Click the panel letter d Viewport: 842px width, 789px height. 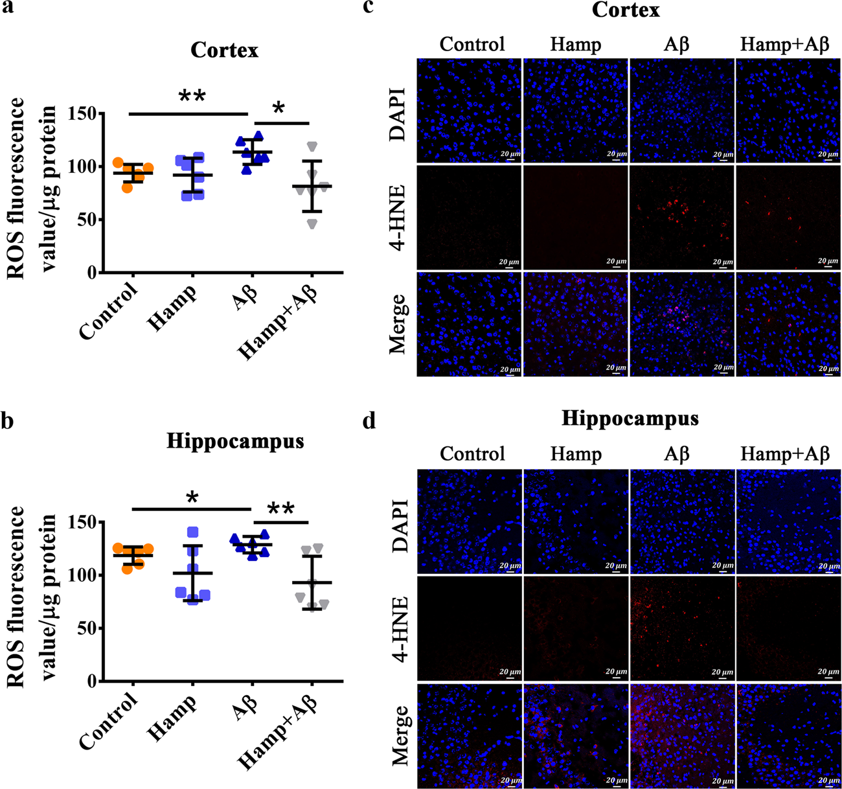(x=369, y=420)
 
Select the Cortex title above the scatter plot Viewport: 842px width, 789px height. (x=224, y=51)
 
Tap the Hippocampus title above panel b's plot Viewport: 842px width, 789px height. (x=234, y=441)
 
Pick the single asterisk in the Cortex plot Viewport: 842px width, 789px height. (x=279, y=108)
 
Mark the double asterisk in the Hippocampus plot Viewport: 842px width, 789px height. (x=280, y=510)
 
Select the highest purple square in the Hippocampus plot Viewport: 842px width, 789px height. (x=192, y=532)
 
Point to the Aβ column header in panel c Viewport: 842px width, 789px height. (x=677, y=45)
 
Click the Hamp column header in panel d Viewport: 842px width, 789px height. (x=575, y=454)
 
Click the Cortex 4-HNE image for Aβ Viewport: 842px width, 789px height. (x=682, y=217)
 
